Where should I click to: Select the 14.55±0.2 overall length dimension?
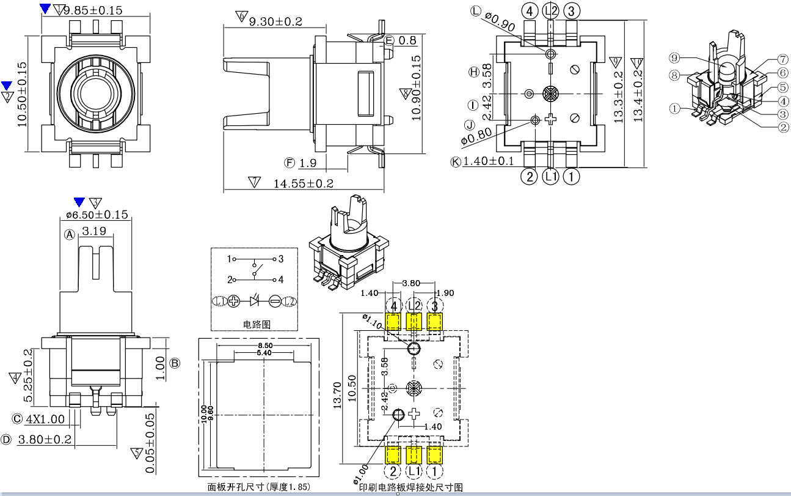[x=303, y=183]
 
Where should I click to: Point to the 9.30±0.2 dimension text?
[x=275, y=21]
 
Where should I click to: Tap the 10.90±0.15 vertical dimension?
[x=417, y=89]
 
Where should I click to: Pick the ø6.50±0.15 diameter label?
[x=97, y=215]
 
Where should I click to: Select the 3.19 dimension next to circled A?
[x=93, y=232]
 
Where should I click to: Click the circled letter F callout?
[x=290, y=163]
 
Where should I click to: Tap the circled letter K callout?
[x=456, y=162]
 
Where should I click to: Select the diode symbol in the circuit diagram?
[x=255, y=301]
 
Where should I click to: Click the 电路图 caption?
[x=253, y=324]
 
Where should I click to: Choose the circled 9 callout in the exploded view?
[x=674, y=58]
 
